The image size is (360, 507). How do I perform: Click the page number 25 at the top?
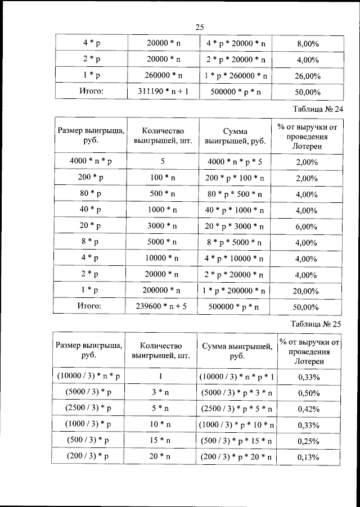[x=199, y=26]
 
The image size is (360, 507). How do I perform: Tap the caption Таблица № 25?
[x=318, y=324]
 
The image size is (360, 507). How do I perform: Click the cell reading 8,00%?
[x=307, y=43]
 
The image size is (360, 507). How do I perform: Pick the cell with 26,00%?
[x=307, y=76]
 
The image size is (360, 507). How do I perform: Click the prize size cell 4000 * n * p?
[x=91, y=161]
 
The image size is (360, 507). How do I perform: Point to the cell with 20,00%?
[x=307, y=291]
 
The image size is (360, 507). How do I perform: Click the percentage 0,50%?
[x=307, y=392]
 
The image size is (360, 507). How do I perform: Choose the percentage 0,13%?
[x=307, y=458]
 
